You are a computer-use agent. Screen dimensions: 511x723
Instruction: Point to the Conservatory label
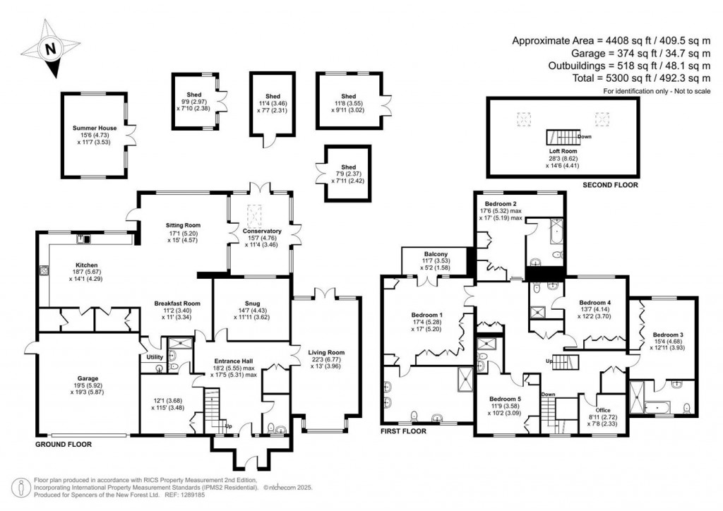click(261, 231)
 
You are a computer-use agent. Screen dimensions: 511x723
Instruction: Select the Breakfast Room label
click(178, 303)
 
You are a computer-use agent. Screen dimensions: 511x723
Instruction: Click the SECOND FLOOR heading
click(610, 185)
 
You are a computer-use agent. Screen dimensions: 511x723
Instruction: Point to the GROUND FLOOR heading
click(64, 445)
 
